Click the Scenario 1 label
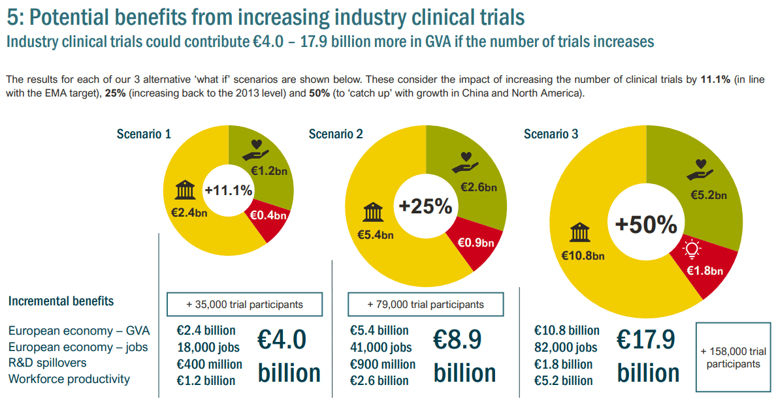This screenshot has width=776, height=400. [x=144, y=134]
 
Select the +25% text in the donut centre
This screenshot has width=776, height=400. [x=425, y=207]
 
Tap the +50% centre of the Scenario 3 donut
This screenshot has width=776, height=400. [x=646, y=224]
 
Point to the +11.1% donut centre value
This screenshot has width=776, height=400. [x=228, y=190]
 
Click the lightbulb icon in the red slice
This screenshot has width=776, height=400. [x=691, y=249]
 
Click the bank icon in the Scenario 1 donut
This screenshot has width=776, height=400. [x=186, y=192]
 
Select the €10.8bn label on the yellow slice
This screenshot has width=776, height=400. [x=583, y=255]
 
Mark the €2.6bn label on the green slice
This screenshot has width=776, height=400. [x=479, y=187]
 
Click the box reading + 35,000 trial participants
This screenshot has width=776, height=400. [x=244, y=304]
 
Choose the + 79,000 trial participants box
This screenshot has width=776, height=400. [x=425, y=304]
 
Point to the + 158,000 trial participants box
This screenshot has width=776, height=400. [x=733, y=358]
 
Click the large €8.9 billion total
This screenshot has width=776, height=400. [x=465, y=356]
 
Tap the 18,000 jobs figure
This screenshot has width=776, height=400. [x=208, y=347]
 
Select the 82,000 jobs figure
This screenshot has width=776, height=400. [x=566, y=347]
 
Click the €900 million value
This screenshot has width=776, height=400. [x=383, y=364]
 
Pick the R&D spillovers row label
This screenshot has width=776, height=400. [x=48, y=362]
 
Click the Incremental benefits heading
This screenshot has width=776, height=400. [x=61, y=301]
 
